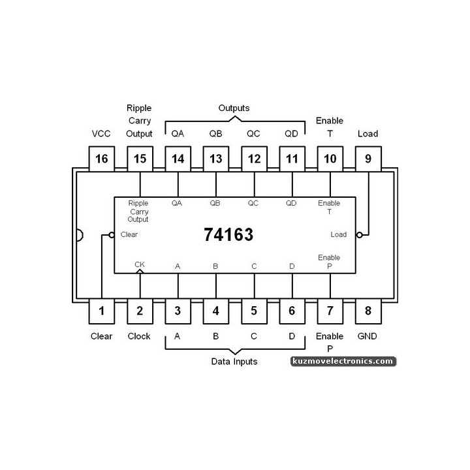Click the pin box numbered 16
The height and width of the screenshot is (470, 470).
point(102,159)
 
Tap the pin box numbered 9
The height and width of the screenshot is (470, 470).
point(368,159)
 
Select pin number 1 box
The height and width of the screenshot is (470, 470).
point(102,311)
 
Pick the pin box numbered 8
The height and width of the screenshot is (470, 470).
point(368,311)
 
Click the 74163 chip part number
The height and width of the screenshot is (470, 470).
point(228,234)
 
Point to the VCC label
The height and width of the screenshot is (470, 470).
point(101,134)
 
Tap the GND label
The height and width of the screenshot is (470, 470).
point(367,336)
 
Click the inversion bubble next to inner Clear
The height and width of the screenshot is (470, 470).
point(112,235)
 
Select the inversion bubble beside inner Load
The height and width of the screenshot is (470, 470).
point(359,235)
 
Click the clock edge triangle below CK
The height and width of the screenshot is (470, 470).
point(140,272)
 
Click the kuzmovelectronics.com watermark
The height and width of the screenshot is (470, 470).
point(343,361)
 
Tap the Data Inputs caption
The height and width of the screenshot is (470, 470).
point(234,362)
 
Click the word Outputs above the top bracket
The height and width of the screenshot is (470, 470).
point(234,108)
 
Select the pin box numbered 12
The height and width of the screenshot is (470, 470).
point(254,159)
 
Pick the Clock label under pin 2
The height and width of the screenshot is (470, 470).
point(139,336)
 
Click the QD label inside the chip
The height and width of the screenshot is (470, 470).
point(290,203)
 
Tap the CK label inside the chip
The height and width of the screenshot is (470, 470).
point(140,264)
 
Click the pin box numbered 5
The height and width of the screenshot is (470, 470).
point(254,311)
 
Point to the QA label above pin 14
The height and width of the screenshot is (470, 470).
point(178,134)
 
